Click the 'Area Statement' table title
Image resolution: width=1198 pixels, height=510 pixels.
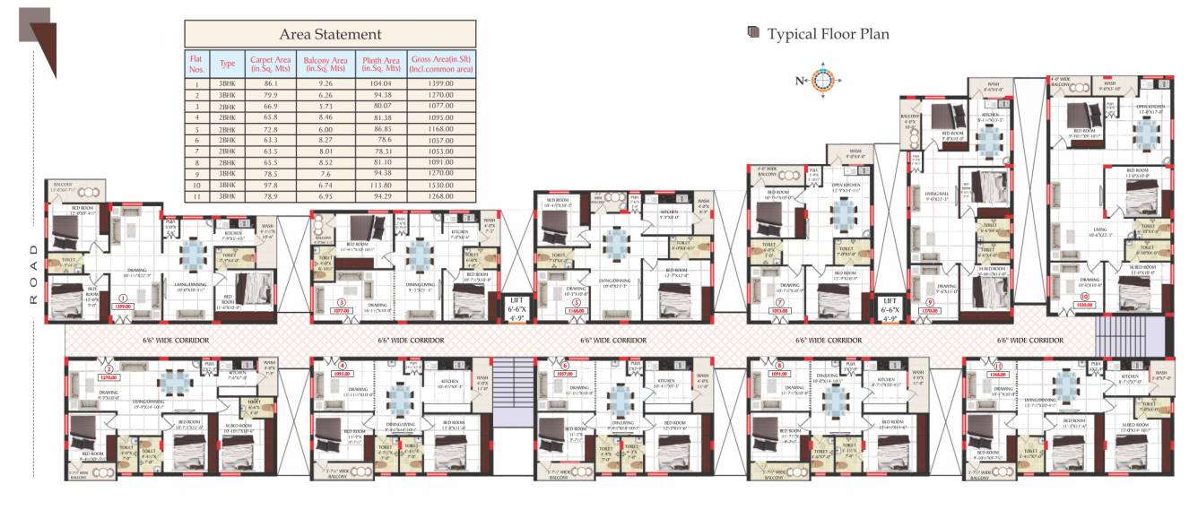(x=330, y=34)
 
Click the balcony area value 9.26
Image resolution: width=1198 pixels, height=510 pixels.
(x=325, y=83)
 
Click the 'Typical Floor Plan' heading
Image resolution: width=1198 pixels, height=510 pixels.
(x=828, y=34)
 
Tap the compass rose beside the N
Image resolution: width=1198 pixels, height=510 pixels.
(x=823, y=81)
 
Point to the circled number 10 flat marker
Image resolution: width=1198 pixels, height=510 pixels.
(x=1084, y=297)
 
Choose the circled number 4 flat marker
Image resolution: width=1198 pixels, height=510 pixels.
(x=342, y=366)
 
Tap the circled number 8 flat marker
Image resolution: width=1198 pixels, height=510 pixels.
(x=779, y=366)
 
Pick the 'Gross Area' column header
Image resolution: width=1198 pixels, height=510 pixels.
(x=441, y=64)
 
